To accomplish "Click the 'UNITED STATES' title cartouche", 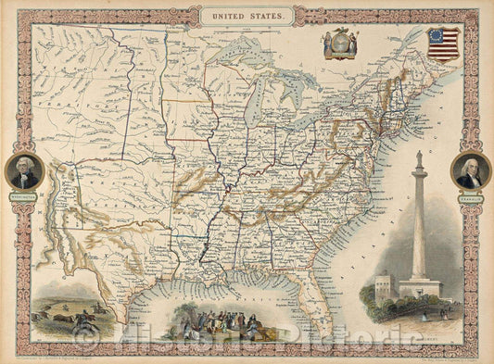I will pyautogui.click(x=247, y=16).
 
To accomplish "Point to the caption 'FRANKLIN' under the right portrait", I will pyautogui.click(x=470, y=196).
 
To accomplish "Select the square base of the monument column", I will pyautogui.click(x=419, y=287).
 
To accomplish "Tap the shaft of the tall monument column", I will pyautogui.click(x=419, y=222).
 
